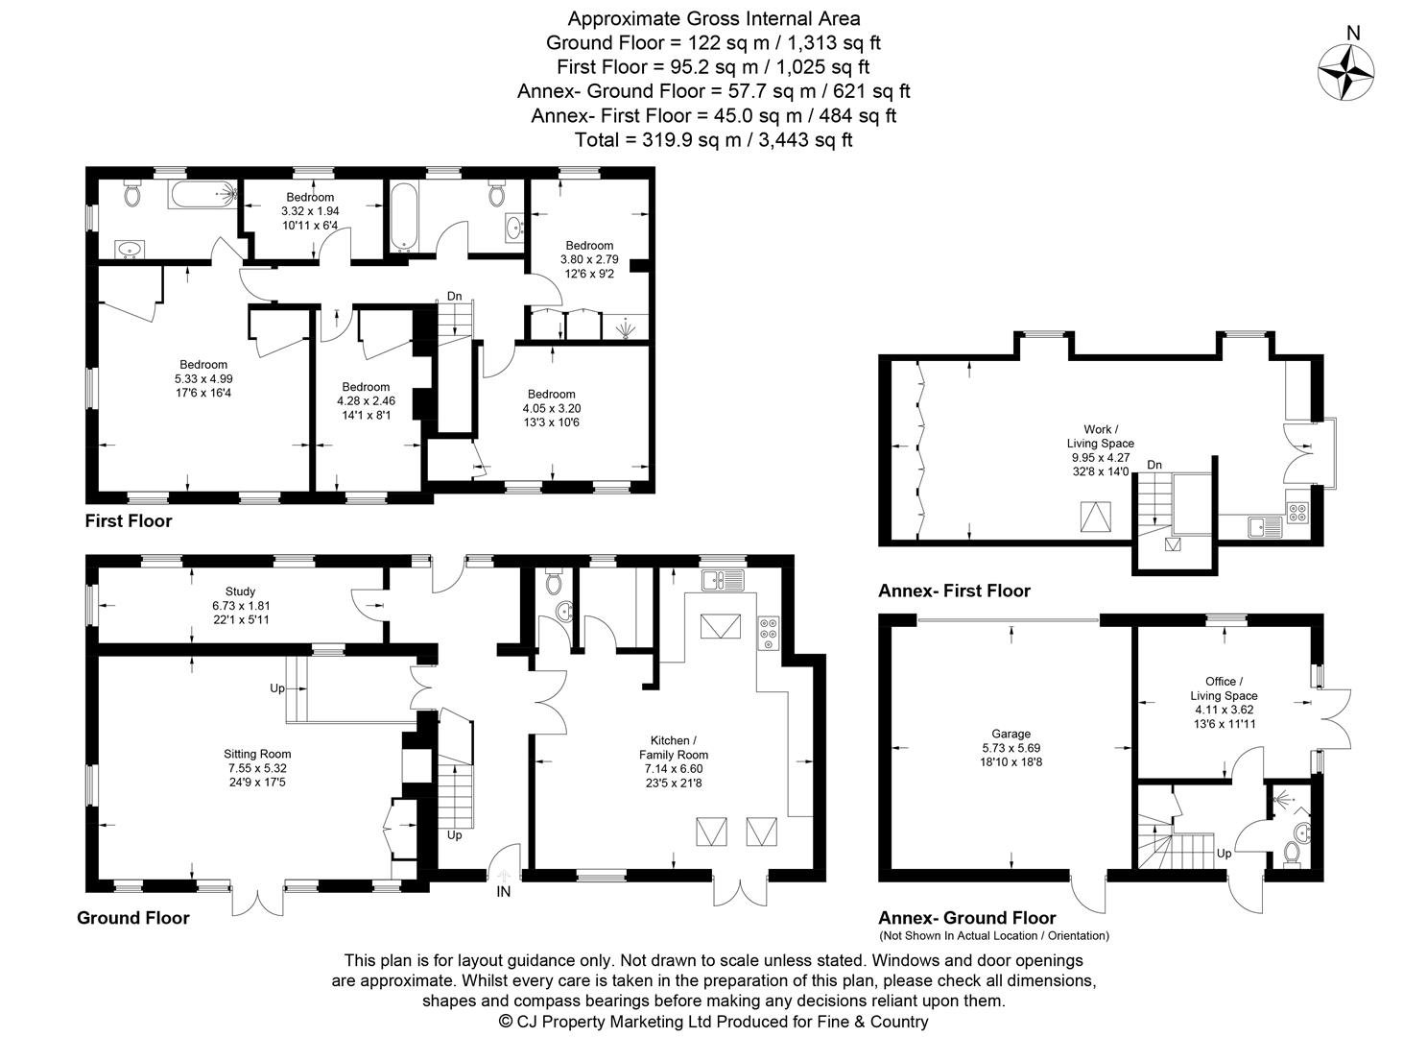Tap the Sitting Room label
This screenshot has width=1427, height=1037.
pos(257,754)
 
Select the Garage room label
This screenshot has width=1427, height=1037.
pos(1011,735)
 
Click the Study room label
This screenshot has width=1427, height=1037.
pos(240,591)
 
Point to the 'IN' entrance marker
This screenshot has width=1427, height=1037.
pos(503,892)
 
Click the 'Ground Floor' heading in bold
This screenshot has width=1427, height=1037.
pos(133,918)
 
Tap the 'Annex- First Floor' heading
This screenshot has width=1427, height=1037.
pos(954,591)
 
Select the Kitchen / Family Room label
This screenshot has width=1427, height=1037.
pos(674,748)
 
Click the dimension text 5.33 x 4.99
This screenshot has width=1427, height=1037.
pos(203,378)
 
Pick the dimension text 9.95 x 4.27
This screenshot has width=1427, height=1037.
pos(1100,458)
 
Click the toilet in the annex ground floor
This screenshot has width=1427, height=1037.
pos(1293,852)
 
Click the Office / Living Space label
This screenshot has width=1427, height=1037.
pos(1224,688)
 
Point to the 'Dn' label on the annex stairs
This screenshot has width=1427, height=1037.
pos(1154,466)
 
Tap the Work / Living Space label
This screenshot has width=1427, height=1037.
pos(1100,437)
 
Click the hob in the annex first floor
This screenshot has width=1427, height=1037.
pos(1297,513)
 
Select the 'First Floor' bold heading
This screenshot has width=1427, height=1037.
pos(129,520)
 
